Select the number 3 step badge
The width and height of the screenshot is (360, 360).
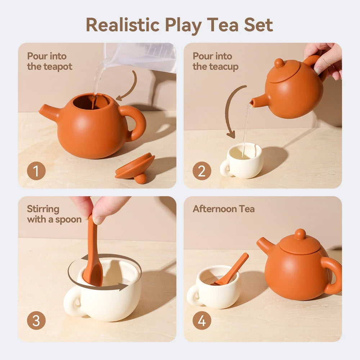click(36, 321)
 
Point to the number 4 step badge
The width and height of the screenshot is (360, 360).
click(202, 321)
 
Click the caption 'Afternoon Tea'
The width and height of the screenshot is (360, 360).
click(224, 209)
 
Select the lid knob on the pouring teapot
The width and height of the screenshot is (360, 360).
click(279, 63)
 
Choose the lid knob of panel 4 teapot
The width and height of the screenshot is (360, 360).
click(300, 234)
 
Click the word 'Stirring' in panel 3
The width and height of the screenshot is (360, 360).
click(43, 209)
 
